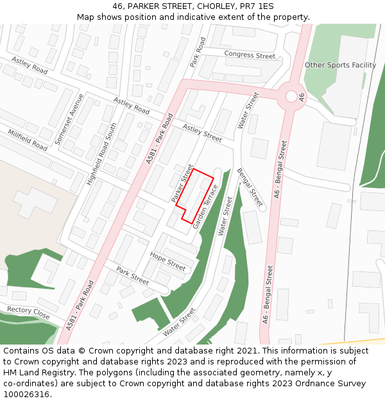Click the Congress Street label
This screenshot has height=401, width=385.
[250, 55]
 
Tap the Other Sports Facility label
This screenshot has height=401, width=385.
[340, 65]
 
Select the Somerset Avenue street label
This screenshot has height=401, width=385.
[70, 119]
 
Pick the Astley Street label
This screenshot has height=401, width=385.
[202, 133]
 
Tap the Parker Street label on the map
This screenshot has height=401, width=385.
[182, 183]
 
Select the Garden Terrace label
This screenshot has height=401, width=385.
[206, 207]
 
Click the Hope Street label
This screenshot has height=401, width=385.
[167, 260]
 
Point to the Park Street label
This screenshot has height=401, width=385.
[132, 277]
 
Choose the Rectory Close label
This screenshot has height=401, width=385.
[28, 312]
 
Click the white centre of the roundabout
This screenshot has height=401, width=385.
[291, 96]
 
